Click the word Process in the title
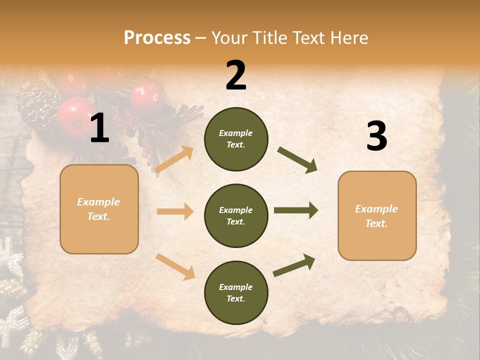[157, 37]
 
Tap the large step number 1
[99, 129]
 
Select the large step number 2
[236, 75]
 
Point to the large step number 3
[376, 136]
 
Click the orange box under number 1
[99, 209]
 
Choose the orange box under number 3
[377, 215]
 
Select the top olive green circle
[236, 139]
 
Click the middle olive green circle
[236, 215]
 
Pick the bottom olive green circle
[236, 292]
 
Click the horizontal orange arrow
[175, 211]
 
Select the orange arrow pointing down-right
[175, 266]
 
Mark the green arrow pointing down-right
[297, 160]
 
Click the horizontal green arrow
[296, 210]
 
